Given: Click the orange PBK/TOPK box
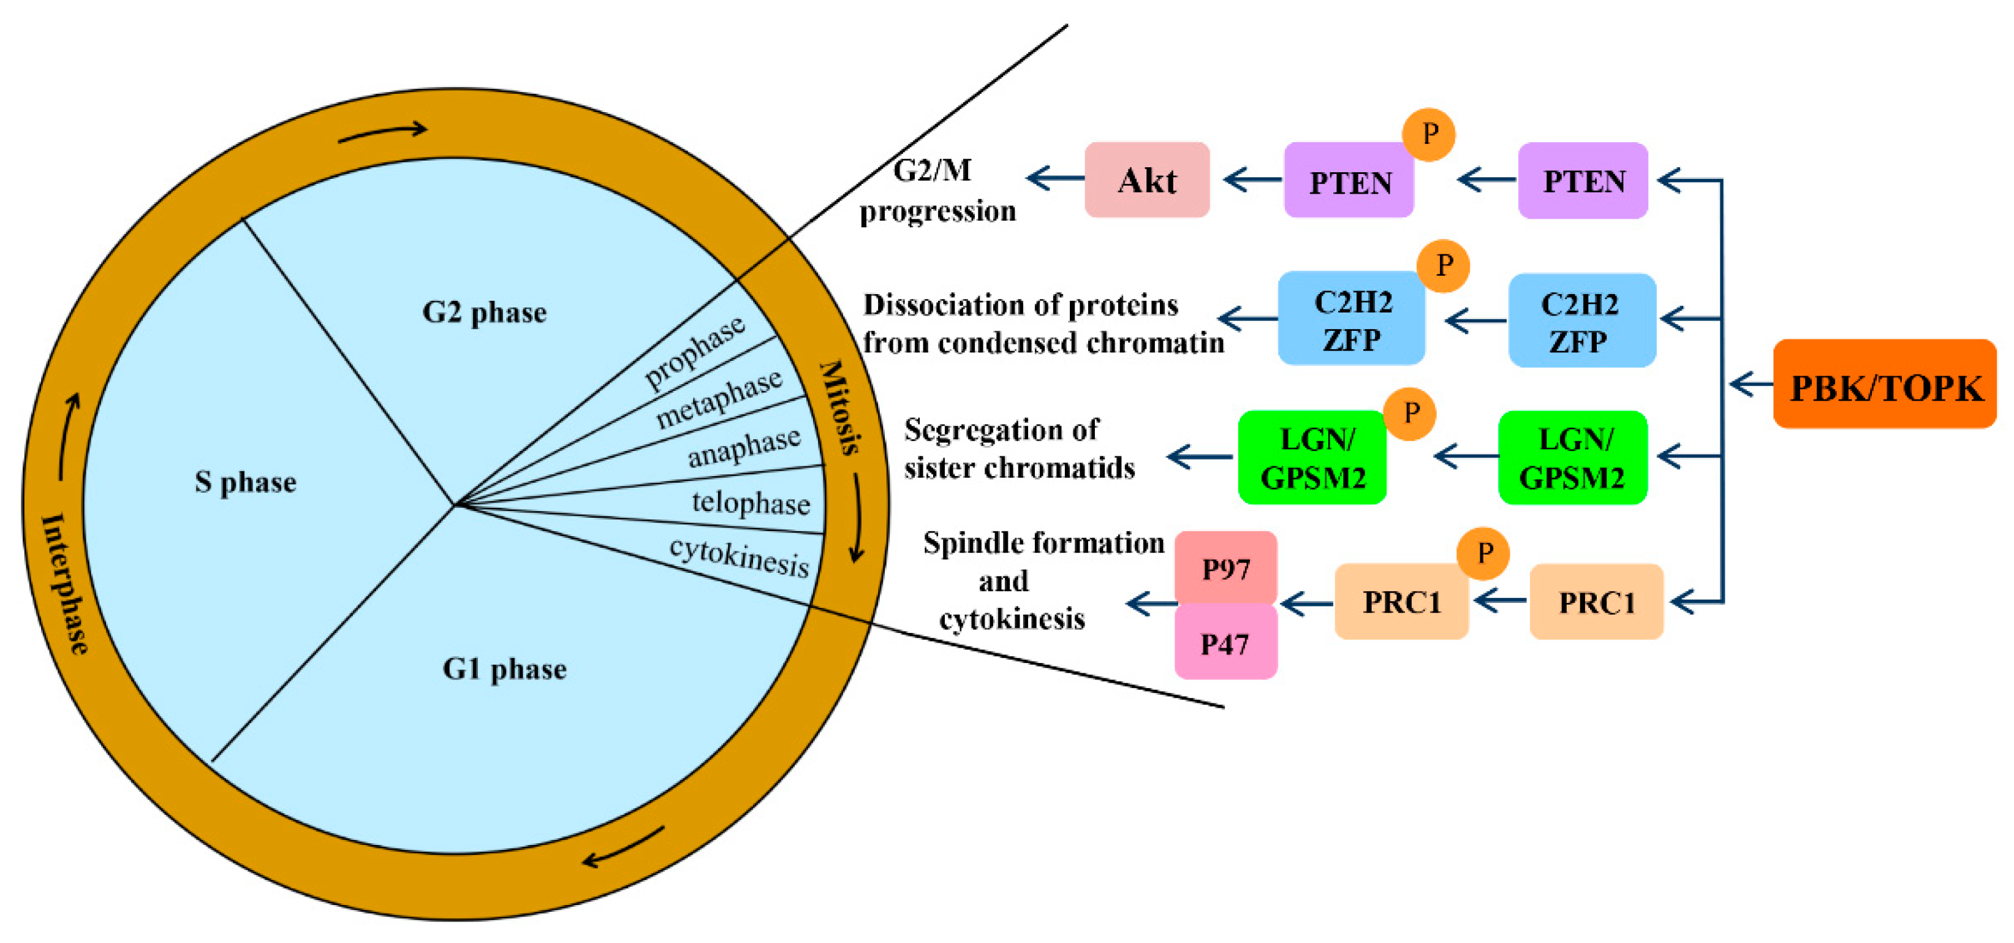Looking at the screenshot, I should coord(1884,384).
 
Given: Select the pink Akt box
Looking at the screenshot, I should coord(1146,180).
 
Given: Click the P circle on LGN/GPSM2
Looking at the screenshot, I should coord(1410,414).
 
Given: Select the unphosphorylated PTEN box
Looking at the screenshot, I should coord(1583,181).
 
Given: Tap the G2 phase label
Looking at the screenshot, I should coord(484,312).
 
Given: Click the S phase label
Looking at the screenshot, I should coord(246,482).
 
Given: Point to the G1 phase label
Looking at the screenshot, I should coord(504,668).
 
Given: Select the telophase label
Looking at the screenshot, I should coord(751,502).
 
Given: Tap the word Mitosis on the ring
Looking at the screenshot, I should coord(841,407).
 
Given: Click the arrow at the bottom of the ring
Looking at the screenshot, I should coord(623,847).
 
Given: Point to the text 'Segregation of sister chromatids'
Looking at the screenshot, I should coord(1019,448).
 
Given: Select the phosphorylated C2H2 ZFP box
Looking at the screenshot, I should coord(1351,319).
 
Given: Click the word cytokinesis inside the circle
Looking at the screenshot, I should coord(739,558).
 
